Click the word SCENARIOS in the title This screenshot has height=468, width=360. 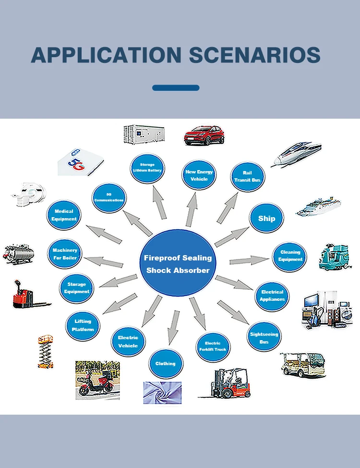click(254, 55)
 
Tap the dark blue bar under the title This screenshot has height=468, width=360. click(176, 88)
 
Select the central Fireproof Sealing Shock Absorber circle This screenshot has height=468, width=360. click(178, 264)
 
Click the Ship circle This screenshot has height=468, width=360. click(266, 219)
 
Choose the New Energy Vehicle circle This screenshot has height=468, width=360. click(199, 175)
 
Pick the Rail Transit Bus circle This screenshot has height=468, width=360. click(247, 176)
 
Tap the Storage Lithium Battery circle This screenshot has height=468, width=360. click(147, 168)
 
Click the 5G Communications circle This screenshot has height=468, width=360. click(109, 197)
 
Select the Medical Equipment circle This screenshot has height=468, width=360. click(64, 215)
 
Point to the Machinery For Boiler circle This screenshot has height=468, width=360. click(65, 254)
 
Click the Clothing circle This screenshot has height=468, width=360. click(165, 364)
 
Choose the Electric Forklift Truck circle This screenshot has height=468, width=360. click(213, 346)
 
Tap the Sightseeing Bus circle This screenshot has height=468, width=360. click(264, 338)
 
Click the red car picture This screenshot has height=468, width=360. click(204, 135)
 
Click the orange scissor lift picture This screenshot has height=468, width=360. click(46, 351)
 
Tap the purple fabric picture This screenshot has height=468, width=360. click(162, 393)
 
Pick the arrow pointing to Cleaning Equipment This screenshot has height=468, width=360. click(249, 261)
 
